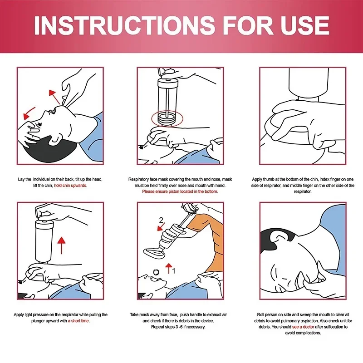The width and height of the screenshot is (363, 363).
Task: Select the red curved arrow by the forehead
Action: coord(30,111)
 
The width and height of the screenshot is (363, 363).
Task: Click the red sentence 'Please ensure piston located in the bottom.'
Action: coord(180,191)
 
